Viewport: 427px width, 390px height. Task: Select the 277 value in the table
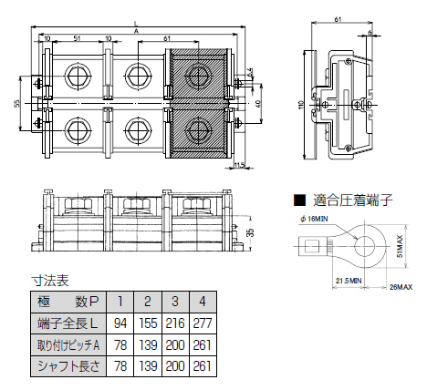click(208, 323)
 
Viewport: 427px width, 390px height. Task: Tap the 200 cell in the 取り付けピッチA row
click(178, 344)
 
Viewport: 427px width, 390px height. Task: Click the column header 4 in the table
click(208, 302)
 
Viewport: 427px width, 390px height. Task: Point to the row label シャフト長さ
click(68, 364)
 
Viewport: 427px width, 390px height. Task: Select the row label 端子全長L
click(68, 323)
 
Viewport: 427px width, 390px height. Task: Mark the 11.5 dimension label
click(240, 165)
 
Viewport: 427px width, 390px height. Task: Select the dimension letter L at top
click(136, 21)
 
